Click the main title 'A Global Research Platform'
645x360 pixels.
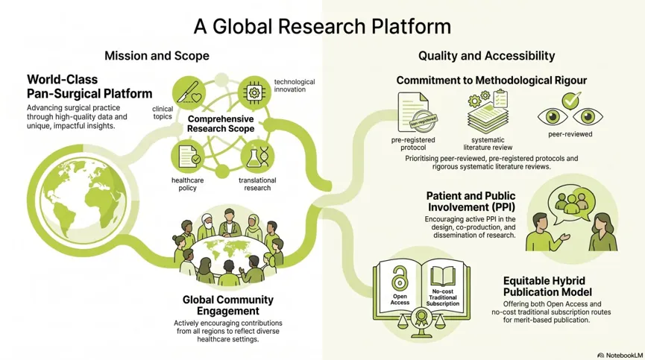[322, 26]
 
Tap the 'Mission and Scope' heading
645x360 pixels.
[157, 56]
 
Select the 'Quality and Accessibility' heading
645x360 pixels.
[487, 56]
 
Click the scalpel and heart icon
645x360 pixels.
[189, 92]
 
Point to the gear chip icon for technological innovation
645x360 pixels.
[254, 93]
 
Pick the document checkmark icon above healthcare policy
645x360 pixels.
[188, 157]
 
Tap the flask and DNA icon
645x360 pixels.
[257, 157]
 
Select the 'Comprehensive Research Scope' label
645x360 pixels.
[221, 124]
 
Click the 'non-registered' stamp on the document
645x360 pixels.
[423, 121]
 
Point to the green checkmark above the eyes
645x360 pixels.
[571, 101]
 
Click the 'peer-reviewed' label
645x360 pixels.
[570, 134]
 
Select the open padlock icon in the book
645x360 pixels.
[400, 278]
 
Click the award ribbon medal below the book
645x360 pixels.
[421, 318]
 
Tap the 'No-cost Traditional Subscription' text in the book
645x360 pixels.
[443, 297]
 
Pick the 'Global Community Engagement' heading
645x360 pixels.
[228, 306]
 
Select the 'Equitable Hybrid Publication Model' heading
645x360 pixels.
[547, 286]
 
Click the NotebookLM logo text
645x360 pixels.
[620, 355]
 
